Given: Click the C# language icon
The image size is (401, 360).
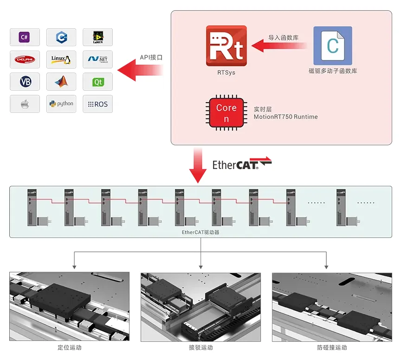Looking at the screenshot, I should coord(25,37).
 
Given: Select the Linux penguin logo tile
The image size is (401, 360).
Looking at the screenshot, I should coord(61,59).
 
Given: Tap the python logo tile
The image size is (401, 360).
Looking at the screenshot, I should coord(61,104).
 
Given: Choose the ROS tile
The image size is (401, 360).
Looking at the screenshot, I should coord(97,104).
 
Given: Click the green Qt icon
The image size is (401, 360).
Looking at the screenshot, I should coord(97,82).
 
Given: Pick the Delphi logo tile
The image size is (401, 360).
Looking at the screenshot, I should coord(25,59).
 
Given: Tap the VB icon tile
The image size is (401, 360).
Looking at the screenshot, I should coord(25,82).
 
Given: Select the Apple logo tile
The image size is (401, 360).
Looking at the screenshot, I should coord(25,104).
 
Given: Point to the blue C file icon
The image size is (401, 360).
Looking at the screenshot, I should coord(332,46).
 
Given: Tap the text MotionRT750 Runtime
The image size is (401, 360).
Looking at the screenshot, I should coord(285,117).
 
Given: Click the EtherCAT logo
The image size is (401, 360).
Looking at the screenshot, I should coord(242,164).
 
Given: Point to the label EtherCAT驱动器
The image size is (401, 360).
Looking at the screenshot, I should coord(200,232).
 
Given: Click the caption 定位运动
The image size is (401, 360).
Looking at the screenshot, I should coord(70,347).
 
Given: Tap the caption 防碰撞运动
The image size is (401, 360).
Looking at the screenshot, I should coord(332,347).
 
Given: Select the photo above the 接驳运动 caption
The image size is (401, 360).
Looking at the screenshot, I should coord(200,307).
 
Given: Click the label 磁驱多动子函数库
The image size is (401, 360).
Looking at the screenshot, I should coord(332,71).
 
